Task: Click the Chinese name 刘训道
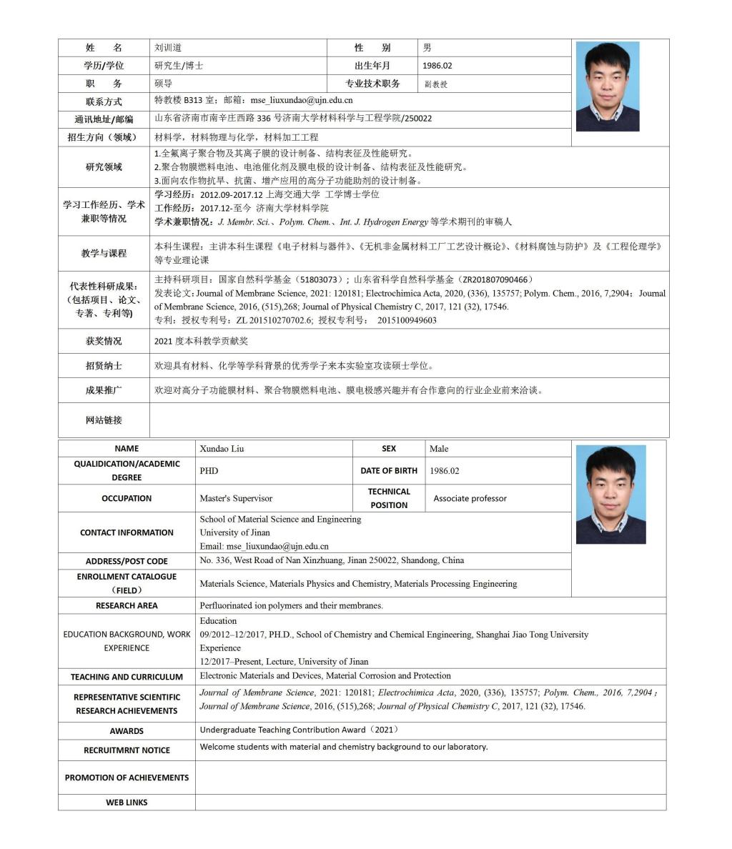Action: [168, 48]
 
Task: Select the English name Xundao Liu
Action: [222, 449]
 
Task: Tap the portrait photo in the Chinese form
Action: [608, 86]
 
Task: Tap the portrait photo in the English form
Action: [610, 495]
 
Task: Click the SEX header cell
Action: [389, 449]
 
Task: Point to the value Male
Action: [439, 449]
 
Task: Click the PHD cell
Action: [209, 471]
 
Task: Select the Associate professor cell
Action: [470, 499]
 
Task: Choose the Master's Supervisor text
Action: [236, 499]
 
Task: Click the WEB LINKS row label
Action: [127, 803]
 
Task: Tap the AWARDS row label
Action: [127, 731]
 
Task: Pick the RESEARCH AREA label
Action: [127, 606]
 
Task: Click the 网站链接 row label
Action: [104, 420]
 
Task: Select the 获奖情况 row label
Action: [104, 342]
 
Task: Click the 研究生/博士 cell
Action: [179, 66]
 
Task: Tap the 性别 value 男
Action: [427, 48]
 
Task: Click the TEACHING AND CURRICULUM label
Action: [127, 677]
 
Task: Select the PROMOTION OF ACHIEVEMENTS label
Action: [127, 778]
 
